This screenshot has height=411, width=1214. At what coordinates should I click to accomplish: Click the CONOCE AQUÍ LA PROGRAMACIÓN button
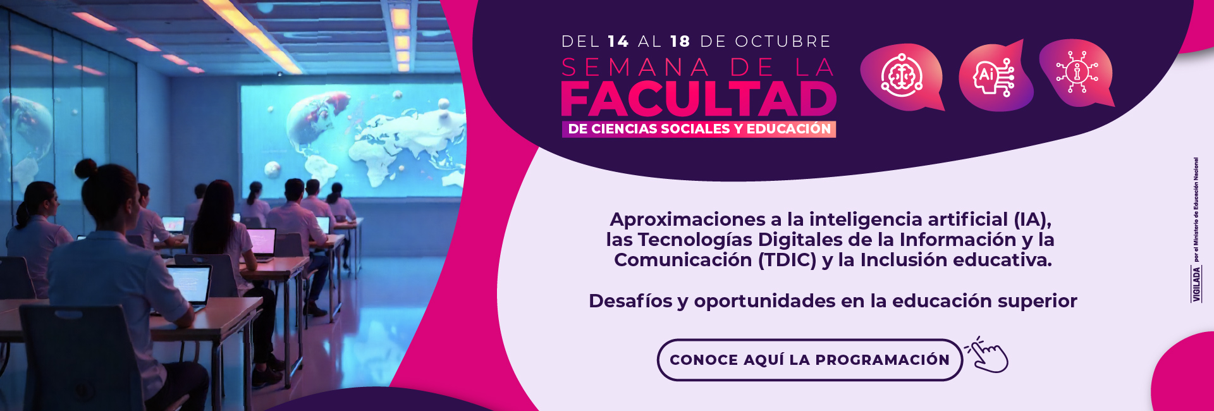pos(809,360)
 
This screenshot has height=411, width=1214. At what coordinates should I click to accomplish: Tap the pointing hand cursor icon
pos(988,355)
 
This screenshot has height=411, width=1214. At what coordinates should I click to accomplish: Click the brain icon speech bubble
pos(902,77)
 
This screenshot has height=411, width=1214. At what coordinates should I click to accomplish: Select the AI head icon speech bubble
pos(995,77)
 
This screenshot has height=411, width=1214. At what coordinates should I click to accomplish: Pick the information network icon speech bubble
pos(1077,73)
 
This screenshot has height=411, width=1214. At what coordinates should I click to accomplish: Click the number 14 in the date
pos(618,42)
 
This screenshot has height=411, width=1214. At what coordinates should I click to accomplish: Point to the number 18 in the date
pos(680,42)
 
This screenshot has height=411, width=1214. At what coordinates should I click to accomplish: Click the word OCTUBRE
pos(783,42)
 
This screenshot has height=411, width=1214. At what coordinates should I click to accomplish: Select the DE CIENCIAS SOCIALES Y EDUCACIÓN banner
pos(699,129)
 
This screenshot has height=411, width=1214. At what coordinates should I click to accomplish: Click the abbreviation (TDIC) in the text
pos(787,260)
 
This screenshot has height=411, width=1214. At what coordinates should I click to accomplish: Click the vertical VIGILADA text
pos(1196,284)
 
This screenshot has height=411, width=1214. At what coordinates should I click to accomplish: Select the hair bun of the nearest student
pos(85,168)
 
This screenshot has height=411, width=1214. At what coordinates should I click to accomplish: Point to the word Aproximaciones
pos(687,219)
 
